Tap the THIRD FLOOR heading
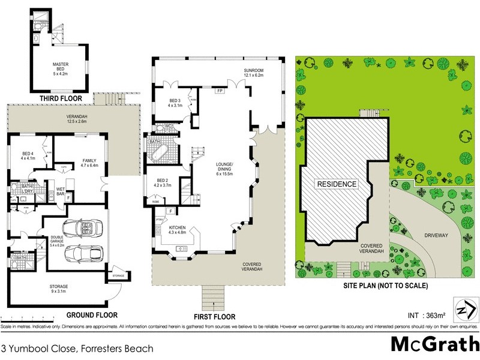point(61,98)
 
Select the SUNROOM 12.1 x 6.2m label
point(254,73)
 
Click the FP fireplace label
point(220,91)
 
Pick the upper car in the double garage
point(82,229)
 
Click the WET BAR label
point(61,192)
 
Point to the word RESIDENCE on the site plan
point(337,184)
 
